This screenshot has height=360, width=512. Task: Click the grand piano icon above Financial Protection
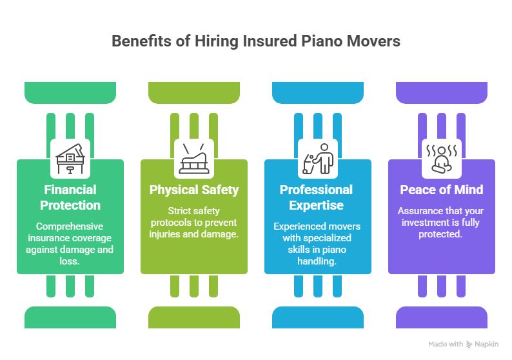[70, 159]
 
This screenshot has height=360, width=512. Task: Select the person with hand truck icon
[318, 159]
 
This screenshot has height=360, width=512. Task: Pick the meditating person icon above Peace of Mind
[442, 159]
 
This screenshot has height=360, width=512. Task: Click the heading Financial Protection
[70, 197]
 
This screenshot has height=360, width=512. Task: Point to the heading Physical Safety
[194, 190]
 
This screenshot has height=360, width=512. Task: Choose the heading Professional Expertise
[316, 197]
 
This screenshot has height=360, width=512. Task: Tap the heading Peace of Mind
[442, 190]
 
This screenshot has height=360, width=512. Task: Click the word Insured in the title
[270, 41]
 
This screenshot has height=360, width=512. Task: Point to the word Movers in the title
[373, 41]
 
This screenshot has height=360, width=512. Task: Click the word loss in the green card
[68, 261]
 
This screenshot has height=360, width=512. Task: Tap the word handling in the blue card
[316, 261]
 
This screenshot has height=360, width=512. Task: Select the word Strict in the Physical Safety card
[177, 211]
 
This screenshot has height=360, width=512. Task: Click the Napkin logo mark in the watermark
[469, 345]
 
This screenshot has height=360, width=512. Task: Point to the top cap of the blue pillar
[318, 93]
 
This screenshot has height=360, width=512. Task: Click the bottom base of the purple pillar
[442, 317]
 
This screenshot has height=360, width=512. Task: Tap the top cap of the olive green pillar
[194, 93]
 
